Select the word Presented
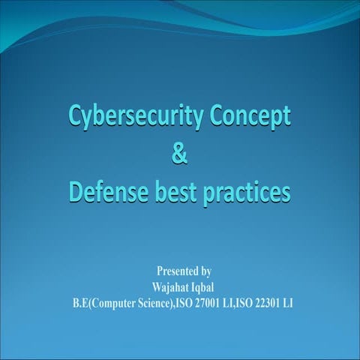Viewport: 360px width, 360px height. point(178,271)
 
